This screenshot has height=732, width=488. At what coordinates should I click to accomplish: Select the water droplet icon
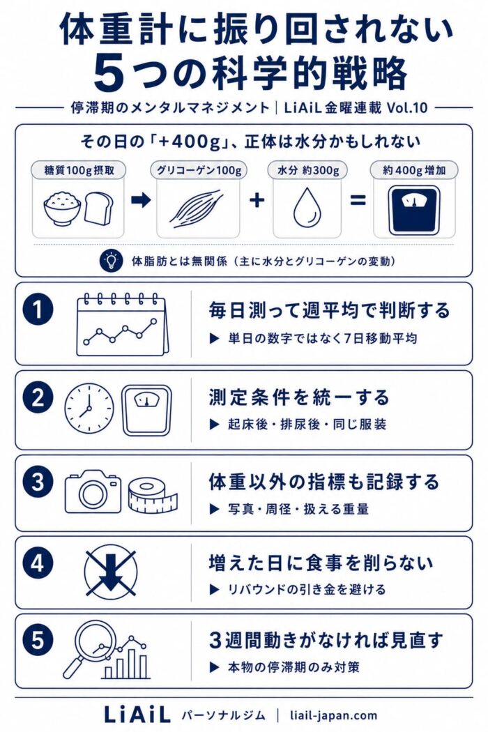307,206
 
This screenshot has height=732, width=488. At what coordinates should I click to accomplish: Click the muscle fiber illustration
195,208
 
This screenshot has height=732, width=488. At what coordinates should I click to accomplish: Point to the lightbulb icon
111,261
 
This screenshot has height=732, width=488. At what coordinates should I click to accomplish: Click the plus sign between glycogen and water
257,200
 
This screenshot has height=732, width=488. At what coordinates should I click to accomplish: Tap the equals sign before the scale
358,201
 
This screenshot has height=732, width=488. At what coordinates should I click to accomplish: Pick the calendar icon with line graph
123,324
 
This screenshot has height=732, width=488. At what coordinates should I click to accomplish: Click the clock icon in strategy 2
89,408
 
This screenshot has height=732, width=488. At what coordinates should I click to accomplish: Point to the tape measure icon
153,495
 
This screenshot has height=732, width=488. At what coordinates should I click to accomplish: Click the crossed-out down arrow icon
111,573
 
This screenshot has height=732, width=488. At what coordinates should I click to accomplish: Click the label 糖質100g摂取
79,170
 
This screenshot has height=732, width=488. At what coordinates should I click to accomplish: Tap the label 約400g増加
414,170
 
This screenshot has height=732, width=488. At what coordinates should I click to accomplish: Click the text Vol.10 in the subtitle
407,107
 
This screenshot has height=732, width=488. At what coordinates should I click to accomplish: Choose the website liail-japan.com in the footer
333,715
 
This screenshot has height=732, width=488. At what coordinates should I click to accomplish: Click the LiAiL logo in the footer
137,715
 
